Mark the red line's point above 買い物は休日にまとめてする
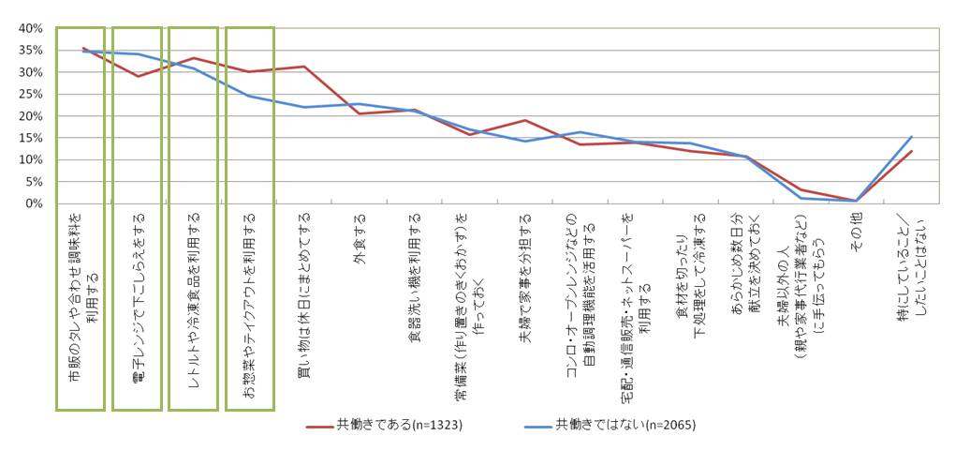pyautogui.click(x=303, y=67)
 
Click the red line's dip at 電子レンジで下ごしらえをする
pyautogui.click(x=138, y=76)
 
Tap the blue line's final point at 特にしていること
pyautogui.click(x=911, y=137)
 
